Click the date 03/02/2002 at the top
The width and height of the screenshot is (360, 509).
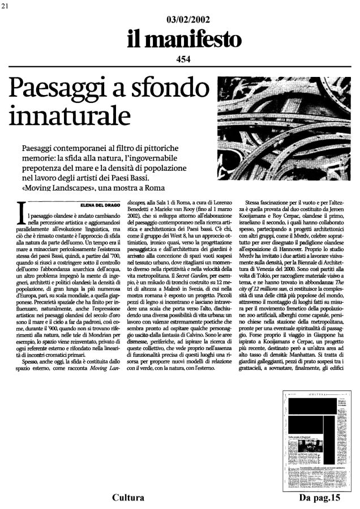179,20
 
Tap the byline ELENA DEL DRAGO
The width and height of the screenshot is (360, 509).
100,205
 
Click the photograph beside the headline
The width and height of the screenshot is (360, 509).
287,110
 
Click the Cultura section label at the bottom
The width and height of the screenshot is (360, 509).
128,498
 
